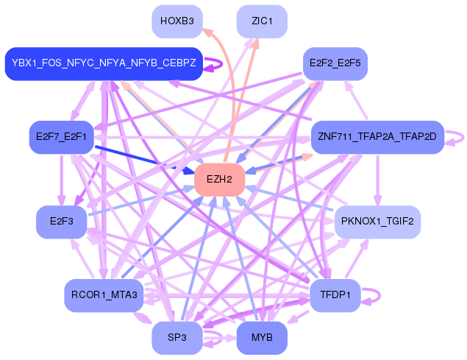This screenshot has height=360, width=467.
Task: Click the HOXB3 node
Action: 177,21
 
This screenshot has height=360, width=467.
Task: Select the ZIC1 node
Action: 262,21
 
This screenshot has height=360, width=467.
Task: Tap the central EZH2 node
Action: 219,180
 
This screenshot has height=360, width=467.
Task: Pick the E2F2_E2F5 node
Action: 335,63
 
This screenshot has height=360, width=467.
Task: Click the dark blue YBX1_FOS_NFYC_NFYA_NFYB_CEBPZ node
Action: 104,63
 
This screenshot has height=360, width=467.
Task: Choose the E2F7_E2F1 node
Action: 61,137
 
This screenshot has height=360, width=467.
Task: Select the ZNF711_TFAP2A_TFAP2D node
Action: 377,137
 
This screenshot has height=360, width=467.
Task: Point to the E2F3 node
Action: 61,222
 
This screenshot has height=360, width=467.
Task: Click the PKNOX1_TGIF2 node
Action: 377,222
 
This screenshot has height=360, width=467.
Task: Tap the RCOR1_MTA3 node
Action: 104,295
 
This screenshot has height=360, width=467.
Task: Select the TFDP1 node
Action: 335,295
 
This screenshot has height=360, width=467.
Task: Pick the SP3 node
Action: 177,338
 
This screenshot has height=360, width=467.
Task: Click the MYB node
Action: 262,338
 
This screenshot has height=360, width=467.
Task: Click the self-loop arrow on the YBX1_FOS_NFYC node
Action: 221,64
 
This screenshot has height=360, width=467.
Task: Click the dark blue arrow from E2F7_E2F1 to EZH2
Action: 144,160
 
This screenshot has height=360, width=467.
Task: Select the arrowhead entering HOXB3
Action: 207,32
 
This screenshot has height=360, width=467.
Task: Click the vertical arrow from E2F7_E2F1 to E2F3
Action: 61,180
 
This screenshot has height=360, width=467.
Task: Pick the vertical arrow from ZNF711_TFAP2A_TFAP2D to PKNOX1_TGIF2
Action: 378,180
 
